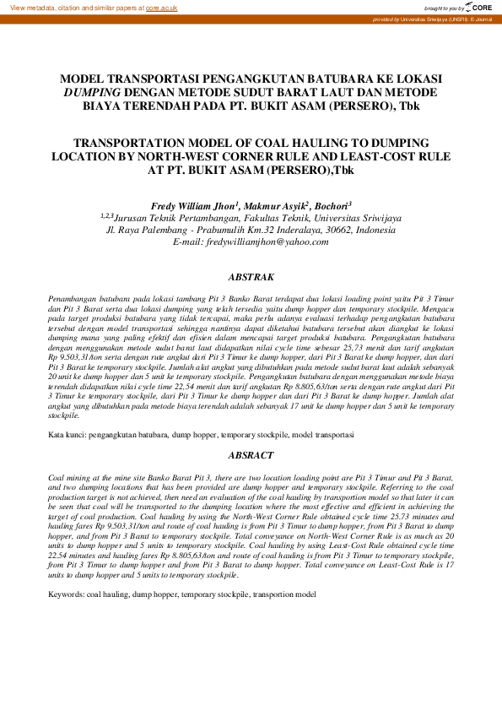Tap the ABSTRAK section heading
pos(251,277)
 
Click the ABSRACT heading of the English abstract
pos(251,455)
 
